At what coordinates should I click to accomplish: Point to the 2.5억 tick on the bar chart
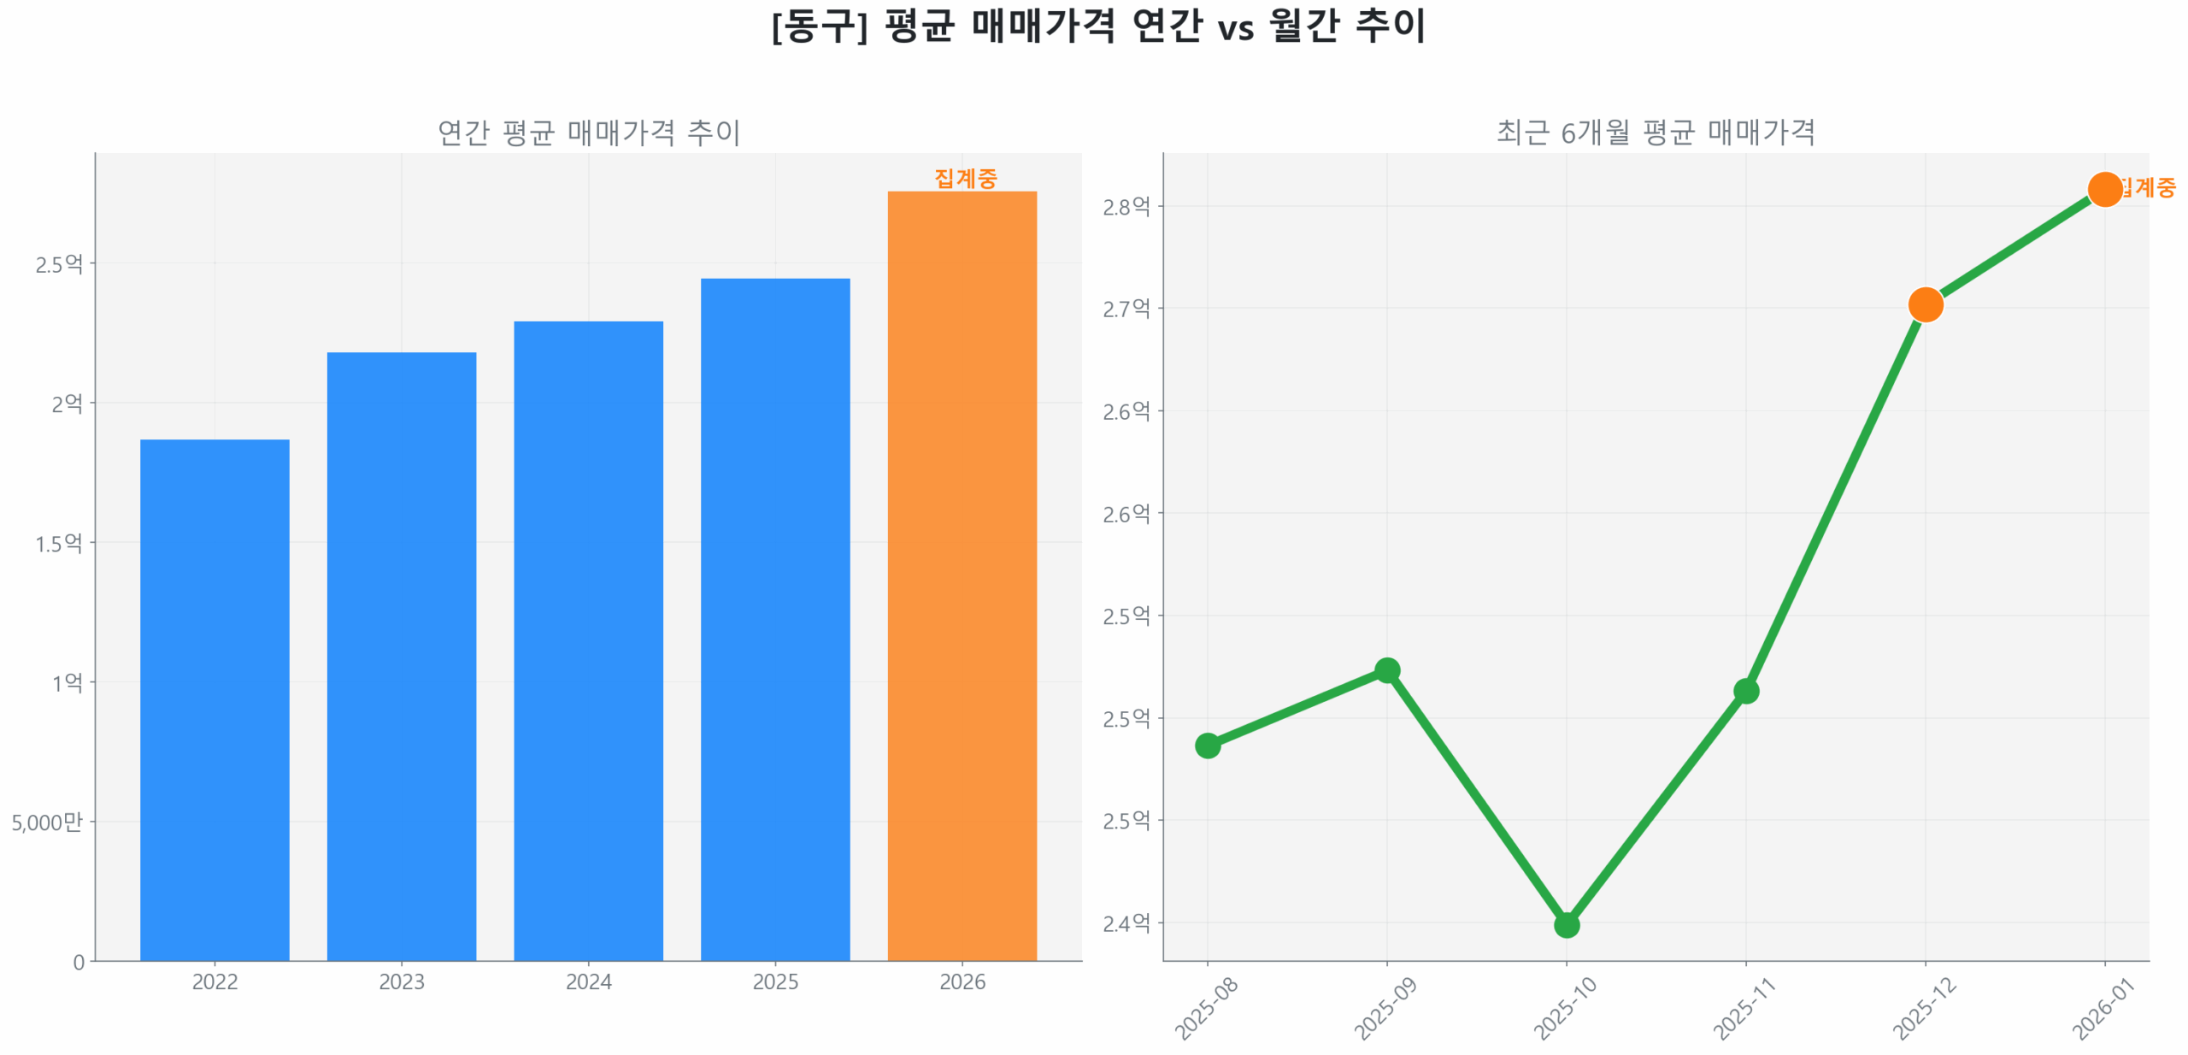coord(57,263)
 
